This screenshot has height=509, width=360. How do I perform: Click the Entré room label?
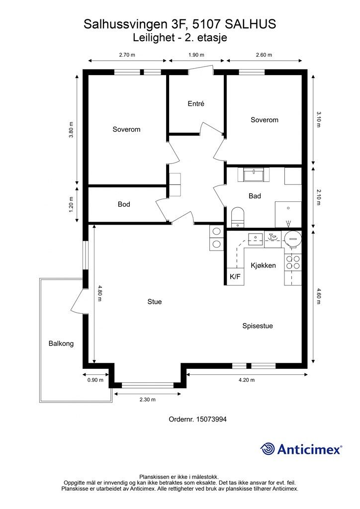(196, 103)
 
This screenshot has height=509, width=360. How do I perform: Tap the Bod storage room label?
(124, 204)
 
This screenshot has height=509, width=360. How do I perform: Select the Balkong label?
(61, 343)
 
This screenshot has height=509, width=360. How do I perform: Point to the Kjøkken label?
(263, 265)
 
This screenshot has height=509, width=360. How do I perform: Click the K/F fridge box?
(235, 276)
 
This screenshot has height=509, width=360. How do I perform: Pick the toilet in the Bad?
(238, 217)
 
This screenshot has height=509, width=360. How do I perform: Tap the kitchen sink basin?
(256, 239)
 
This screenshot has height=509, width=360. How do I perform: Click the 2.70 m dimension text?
(127, 55)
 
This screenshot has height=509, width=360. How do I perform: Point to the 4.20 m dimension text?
(247, 380)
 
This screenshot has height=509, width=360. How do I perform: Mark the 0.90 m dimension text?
(95, 380)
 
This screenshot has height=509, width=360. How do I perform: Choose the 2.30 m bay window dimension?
(147, 400)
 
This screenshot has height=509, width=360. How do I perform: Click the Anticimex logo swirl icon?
(268, 449)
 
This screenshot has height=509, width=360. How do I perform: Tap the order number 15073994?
(212, 419)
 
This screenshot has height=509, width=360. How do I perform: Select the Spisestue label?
(258, 326)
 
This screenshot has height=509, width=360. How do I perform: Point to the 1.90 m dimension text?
(196, 55)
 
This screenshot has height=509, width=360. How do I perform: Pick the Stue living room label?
(155, 302)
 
